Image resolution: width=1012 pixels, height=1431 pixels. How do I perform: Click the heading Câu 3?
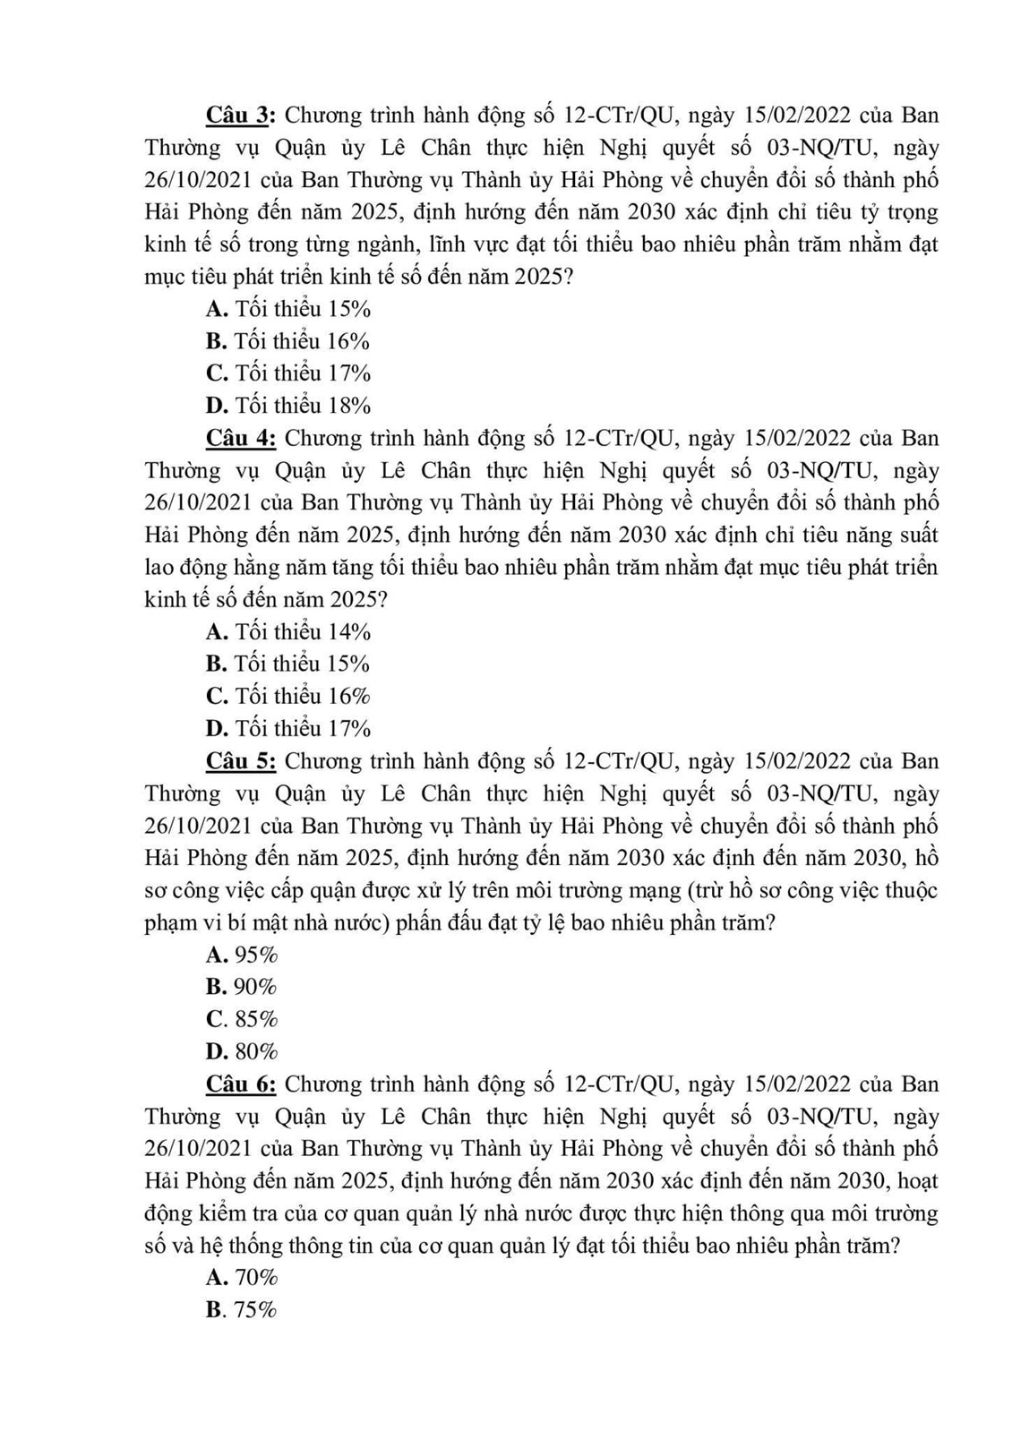243,116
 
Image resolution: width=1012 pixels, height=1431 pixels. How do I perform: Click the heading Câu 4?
243,439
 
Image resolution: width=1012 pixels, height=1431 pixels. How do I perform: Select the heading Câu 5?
243,762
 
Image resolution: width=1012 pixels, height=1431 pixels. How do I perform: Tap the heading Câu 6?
243,1084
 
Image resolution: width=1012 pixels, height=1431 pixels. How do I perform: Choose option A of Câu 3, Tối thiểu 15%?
287,310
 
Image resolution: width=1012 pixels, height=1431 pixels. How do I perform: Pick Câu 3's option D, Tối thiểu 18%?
287,407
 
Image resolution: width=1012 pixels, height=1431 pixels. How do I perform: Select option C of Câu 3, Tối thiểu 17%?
287,374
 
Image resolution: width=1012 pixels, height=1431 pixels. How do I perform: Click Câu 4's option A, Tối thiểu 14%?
287,632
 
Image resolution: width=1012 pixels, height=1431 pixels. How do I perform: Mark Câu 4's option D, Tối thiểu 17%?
287,729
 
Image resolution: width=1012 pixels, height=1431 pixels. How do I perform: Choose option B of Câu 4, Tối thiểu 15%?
287,664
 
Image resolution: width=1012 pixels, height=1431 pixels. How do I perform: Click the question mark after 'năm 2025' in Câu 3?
566,278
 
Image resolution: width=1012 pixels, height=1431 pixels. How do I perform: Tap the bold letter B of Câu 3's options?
215,342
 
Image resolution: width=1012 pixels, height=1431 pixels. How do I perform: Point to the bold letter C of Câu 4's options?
216,697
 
